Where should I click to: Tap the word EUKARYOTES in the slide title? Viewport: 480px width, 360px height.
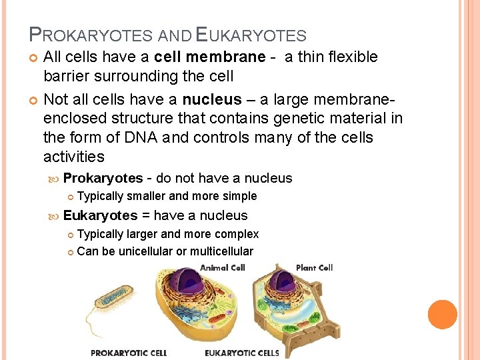tap(249, 35)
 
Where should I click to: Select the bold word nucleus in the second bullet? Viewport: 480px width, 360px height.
tap(213, 100)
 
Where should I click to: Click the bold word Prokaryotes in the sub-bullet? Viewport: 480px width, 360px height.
tap(103, 178)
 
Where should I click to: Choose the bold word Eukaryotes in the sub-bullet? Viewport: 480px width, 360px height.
tap(100, 215)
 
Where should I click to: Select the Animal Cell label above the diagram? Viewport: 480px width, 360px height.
tap(223, 267)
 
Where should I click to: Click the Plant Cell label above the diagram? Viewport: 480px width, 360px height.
tap(314, 267)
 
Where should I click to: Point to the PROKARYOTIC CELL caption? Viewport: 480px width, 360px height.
tap(129, 353)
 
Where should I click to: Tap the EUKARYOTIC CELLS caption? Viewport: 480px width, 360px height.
tap(242, 353)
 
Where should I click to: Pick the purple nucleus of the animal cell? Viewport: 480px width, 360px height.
tap(201, 285)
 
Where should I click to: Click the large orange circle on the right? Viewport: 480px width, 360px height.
tap(442, 315)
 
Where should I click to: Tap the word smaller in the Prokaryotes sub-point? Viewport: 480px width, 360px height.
tap(147, 196)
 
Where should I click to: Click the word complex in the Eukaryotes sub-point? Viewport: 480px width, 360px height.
tap(236, 234)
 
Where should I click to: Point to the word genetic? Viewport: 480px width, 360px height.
tap(301, 119)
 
